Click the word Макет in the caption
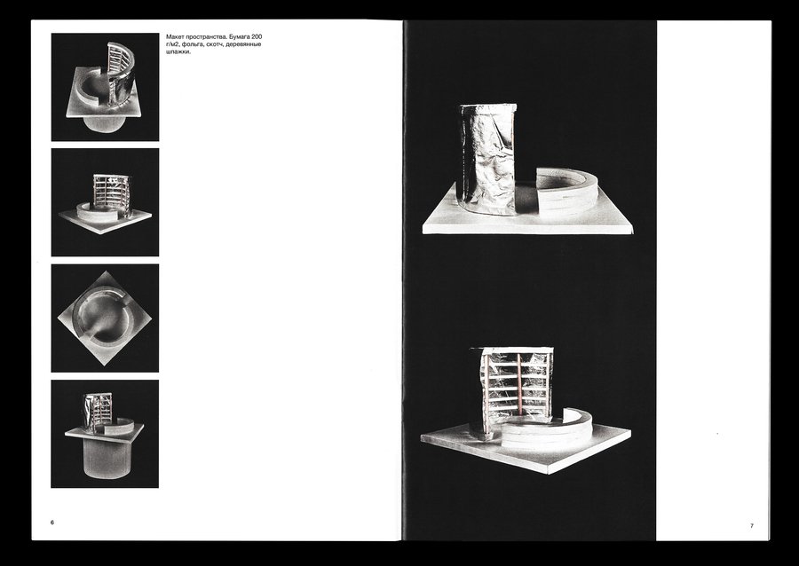coord(175,37)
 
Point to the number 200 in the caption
coord(257,37)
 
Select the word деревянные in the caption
coord(243,44)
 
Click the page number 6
coord(52,523)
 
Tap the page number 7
coord(751,526)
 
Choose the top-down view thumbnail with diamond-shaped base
coord(105,318)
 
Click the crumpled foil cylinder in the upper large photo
coord(487,159)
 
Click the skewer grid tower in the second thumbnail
coord(111,195)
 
